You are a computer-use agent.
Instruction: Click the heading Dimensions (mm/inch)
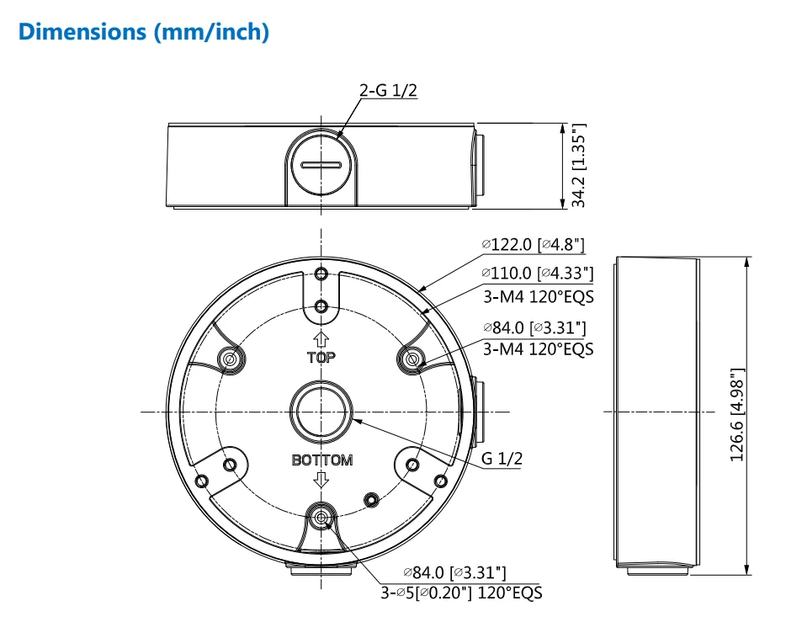[144, 33]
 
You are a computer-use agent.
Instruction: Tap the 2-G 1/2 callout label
[388, 90]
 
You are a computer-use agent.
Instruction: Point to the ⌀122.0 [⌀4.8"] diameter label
[534, 245]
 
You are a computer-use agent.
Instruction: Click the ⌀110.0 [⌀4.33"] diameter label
[538, 274]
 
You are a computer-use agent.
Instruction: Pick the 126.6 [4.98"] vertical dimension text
[738, 414]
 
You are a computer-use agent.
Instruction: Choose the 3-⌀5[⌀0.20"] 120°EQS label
[461, 592]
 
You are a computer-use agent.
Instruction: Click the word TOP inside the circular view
[321, 357]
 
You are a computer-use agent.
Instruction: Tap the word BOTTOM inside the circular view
[321, 460]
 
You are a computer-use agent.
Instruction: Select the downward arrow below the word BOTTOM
[321, 480]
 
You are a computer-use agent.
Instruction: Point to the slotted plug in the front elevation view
[321, 165]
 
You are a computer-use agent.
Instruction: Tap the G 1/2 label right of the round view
[502, 459]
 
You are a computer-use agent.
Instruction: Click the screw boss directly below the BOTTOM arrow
[321, 518]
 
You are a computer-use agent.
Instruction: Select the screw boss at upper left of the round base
[227, 359]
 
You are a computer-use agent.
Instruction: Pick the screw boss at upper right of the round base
[412, 359]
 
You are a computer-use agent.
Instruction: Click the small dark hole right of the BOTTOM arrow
[369, 499]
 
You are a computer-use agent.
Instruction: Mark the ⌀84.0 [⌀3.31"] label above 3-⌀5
[454, 573]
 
